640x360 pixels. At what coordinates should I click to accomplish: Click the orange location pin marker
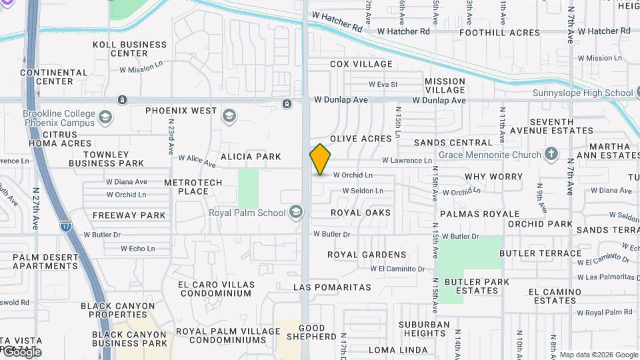(320, 159)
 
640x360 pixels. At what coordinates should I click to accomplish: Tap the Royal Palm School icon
(296, 213)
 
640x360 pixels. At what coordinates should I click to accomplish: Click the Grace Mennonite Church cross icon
(551, 155)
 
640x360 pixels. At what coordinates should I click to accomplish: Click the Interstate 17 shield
(65, 227)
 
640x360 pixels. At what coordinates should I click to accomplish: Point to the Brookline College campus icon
(105, 118)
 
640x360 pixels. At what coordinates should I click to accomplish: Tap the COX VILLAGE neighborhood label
(361, 64)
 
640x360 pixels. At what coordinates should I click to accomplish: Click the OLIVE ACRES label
(361, 139)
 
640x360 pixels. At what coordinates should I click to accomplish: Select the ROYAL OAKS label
(361, 213)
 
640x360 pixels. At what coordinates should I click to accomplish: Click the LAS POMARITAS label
(332, 287)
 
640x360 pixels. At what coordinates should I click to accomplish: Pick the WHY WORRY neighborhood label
(493, 177)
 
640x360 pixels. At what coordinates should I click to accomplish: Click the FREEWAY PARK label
(129, 215)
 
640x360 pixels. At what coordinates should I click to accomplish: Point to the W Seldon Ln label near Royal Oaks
(363, 191)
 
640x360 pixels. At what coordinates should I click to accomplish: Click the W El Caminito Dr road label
(397, 269)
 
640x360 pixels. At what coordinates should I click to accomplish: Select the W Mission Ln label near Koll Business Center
(141, 69)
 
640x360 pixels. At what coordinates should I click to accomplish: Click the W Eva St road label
(383, 85)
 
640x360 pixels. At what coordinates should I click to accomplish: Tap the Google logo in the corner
(21, 352)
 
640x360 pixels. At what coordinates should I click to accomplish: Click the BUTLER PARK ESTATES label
(477, 286)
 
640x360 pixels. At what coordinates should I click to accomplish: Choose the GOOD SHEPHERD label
(311, 332)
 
